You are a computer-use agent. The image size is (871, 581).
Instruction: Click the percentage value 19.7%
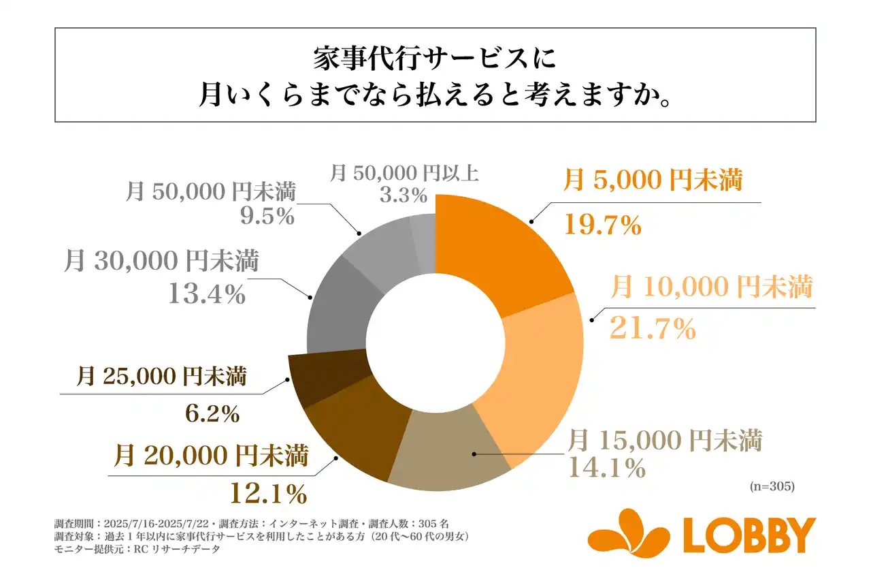(602, 225)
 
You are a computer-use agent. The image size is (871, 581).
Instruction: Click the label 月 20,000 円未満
(211, 455)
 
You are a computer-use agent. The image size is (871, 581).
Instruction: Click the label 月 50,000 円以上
(404, 172)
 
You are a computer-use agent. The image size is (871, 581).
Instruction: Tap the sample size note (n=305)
(772, 487)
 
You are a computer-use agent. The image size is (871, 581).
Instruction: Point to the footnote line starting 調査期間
(251, 524)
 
